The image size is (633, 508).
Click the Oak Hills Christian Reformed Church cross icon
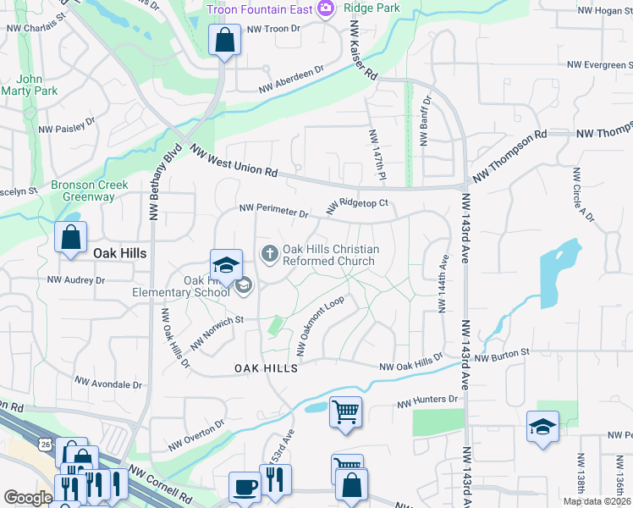pos(270,253)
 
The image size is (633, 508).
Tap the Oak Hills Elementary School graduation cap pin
pos(227,264)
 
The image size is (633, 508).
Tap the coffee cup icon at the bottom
pos(245,487)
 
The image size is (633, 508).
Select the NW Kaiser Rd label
pos(361,52)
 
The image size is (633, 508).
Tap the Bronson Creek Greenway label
pos(89,190)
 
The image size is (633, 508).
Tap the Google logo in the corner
pos(28,498)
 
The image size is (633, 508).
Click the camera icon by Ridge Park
pos(326,8)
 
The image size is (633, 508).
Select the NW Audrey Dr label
pos(76,279)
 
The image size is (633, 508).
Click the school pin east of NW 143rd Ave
pos(542,428)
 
